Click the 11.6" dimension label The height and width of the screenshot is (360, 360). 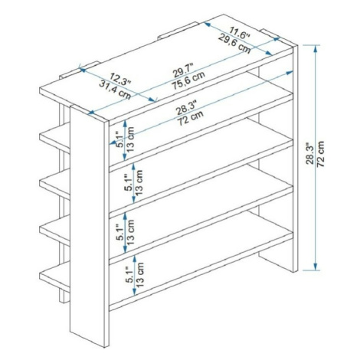tap(239, 33)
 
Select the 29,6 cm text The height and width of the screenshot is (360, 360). tap(234, 44)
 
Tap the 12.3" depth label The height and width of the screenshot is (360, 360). tap(120, 79)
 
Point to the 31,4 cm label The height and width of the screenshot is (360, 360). tap(115, 90)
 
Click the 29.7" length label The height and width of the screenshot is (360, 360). tap(183, 70)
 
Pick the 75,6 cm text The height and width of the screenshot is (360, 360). tap(188, 80)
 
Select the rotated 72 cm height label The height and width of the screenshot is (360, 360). tap(320, 154)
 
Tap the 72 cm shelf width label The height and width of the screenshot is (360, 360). tap(190, 118)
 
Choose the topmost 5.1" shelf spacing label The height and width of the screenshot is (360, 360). tap(120, 139)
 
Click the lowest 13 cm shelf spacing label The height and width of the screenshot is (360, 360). tap(140, 275)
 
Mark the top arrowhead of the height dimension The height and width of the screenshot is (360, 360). tap(316, 48)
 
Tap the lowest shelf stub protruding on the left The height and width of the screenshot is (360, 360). tap(54, 277)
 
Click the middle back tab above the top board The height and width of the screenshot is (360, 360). tap(178, 31)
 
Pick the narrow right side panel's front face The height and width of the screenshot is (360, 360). tap(296, 159)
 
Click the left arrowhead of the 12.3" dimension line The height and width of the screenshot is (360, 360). tap(82, 70)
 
